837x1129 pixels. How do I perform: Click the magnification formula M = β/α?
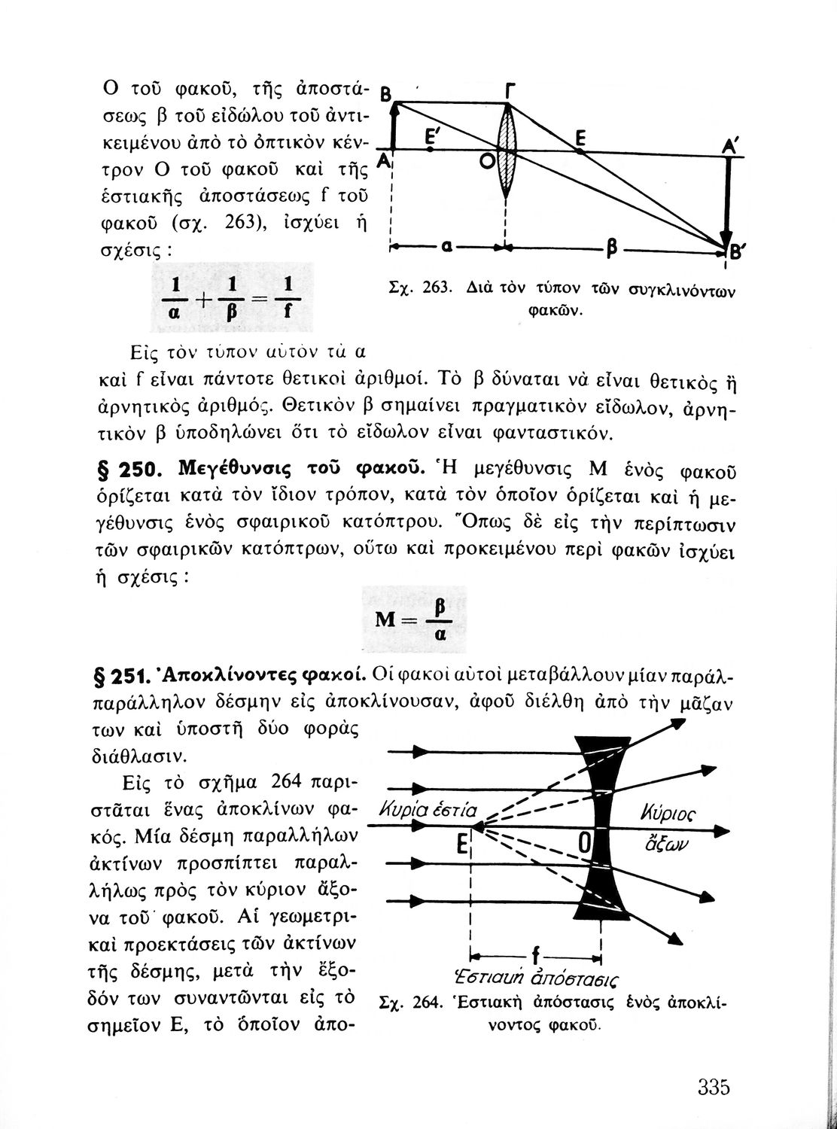point(415,619)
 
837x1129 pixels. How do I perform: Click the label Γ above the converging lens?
point(511,91)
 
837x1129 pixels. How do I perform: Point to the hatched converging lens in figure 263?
point(507,151)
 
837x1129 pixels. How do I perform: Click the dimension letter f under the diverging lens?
point(535,957)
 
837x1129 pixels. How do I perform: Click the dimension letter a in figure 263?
point(446,246)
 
